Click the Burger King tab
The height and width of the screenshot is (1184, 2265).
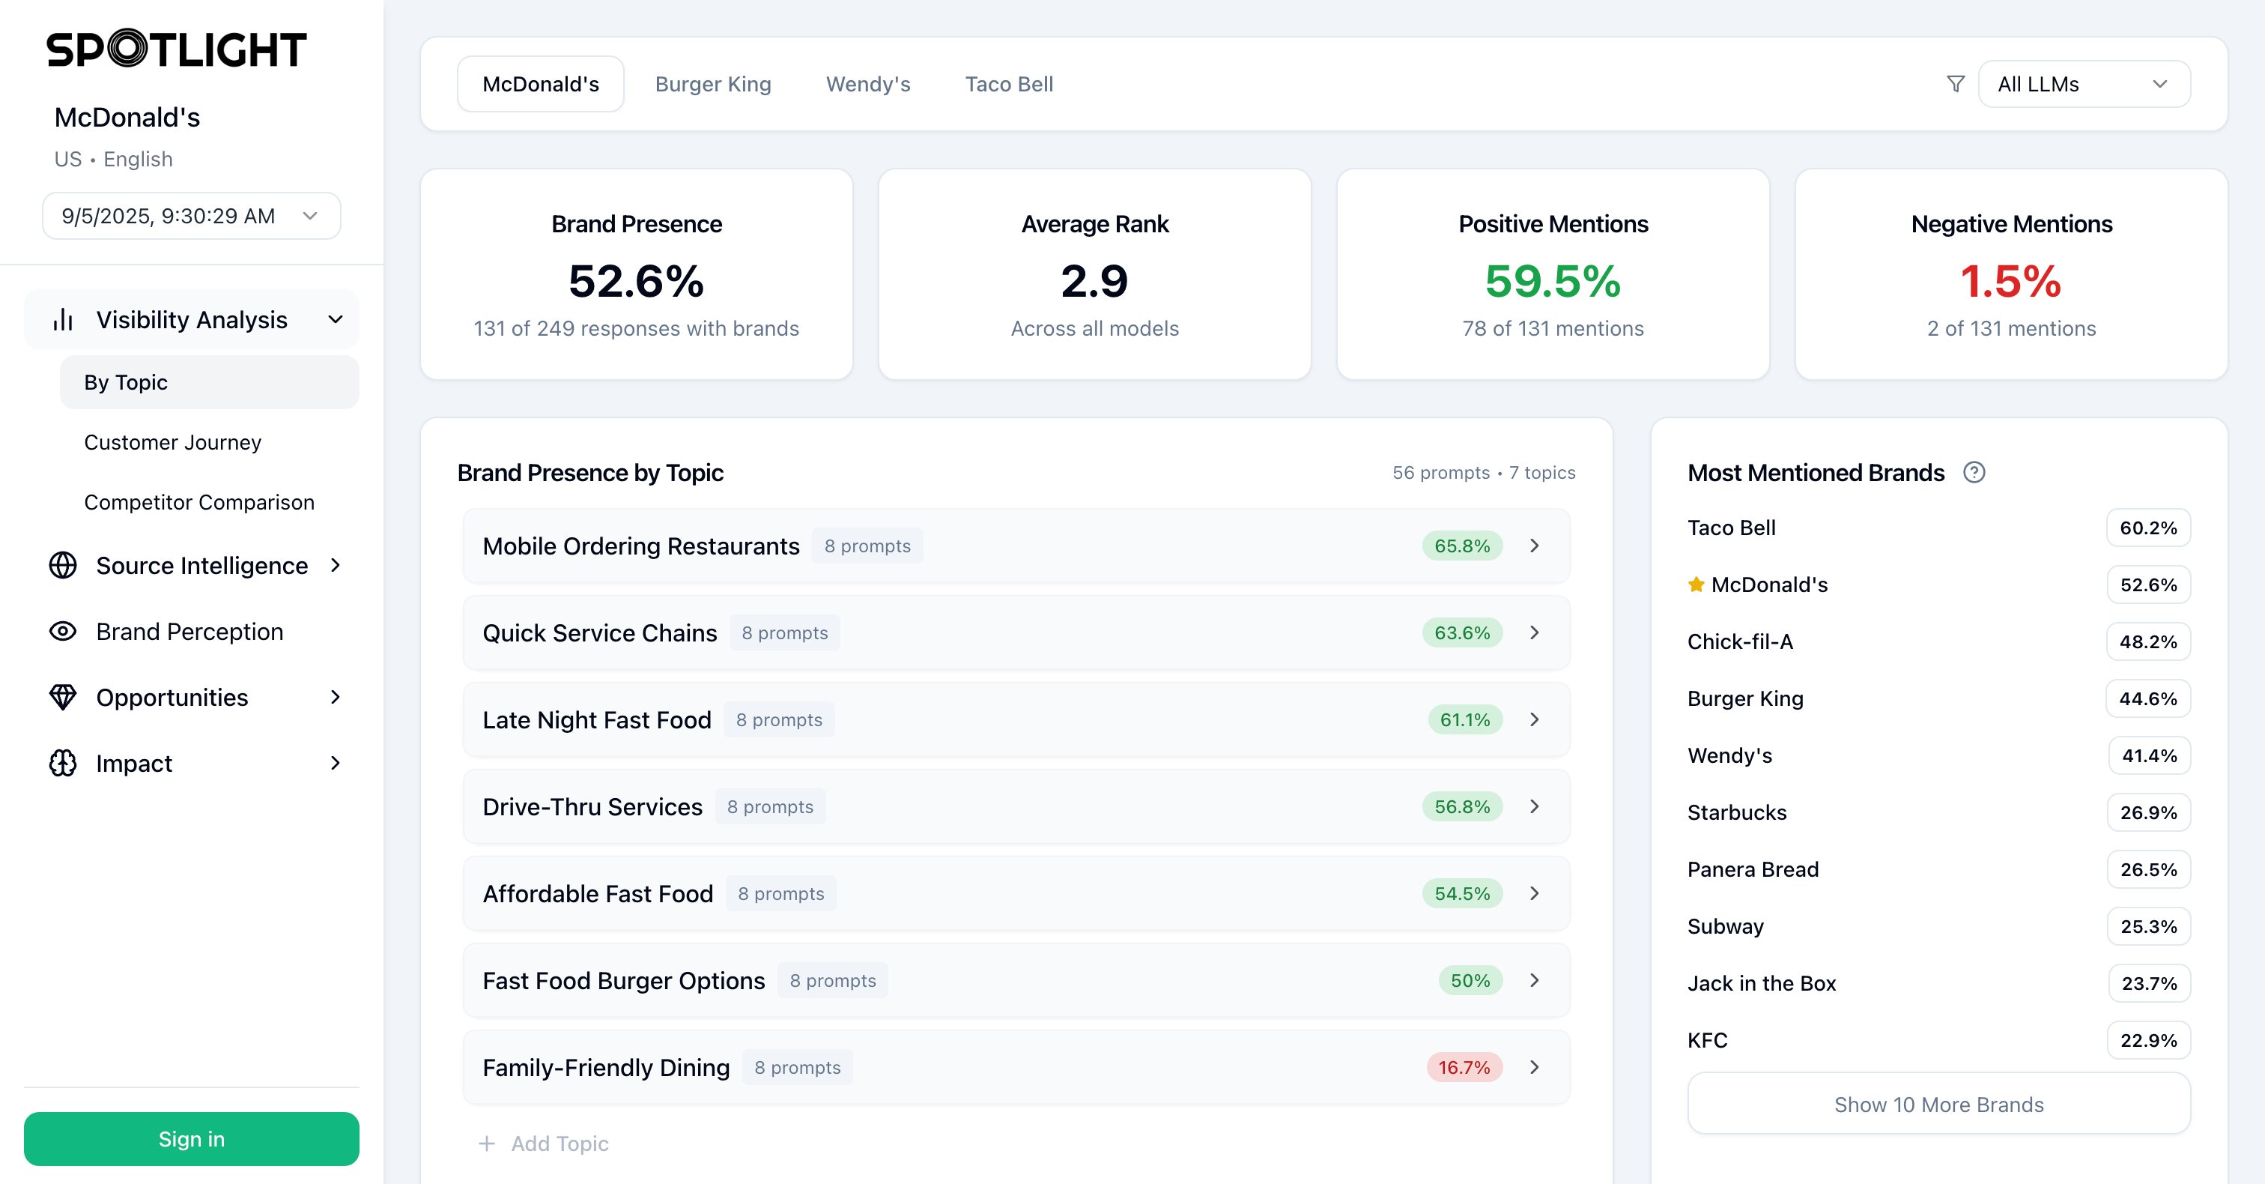click(x=712, y=85)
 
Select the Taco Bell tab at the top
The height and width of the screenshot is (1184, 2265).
click(x=1008, y=85)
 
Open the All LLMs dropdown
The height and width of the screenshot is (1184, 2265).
click(x=2083, y=85)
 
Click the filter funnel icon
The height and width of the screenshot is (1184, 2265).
click(x=1956, y=85)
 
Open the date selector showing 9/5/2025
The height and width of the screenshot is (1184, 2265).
click(x=191, y=217)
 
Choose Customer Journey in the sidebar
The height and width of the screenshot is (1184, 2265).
click(x=172, y=442)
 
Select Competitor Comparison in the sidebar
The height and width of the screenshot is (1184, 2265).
click(x=198, y=502)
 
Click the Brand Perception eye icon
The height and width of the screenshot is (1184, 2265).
click(x=62, y=632)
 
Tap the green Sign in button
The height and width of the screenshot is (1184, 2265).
click(x=191, y=1139)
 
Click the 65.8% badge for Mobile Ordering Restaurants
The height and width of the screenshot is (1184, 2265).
click(x=1461, y=546)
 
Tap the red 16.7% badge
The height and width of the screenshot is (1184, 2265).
click(x=1463, y=1068)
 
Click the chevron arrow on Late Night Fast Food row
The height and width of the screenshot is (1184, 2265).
click(x=1534, y=719)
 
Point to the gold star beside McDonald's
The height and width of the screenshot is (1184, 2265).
click(x=1696, y=585)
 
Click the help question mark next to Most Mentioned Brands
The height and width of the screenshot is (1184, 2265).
click(x=1974, y=474)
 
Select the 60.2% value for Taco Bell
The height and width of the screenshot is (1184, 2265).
click(x=2147, y=528)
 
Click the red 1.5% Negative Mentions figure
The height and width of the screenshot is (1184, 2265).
click(x=2010, y=282)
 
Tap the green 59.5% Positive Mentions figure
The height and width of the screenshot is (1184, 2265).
click(x=1552, y=282)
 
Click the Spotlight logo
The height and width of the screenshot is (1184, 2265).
click(x=176, y=49)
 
